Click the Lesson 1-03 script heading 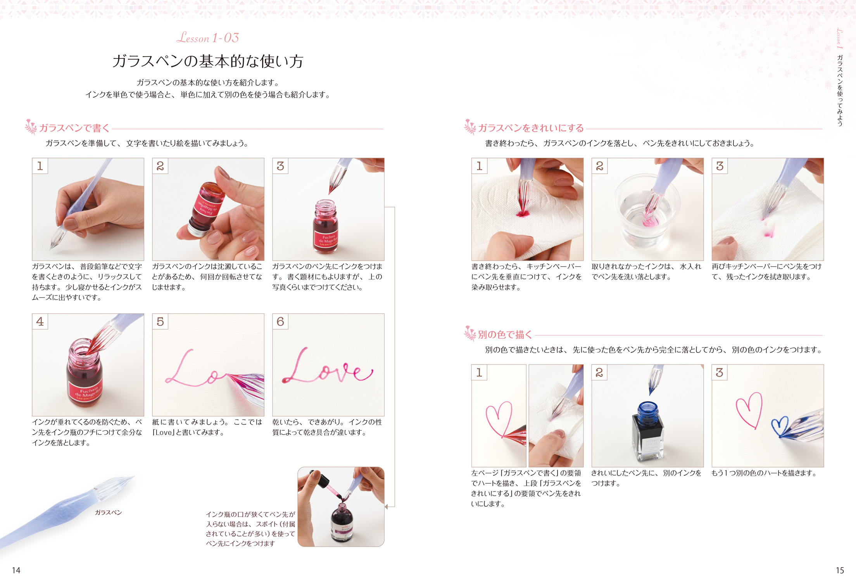208,38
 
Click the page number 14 16,570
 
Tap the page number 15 840,570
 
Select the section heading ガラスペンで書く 74,128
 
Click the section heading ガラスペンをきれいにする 531,128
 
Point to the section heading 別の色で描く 505,334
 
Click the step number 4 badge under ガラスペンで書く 40,322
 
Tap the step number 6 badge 280,322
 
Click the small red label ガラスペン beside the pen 108,512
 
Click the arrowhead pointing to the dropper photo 387,506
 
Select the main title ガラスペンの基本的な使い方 208,61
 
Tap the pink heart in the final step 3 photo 749,410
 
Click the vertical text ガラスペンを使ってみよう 840,90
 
